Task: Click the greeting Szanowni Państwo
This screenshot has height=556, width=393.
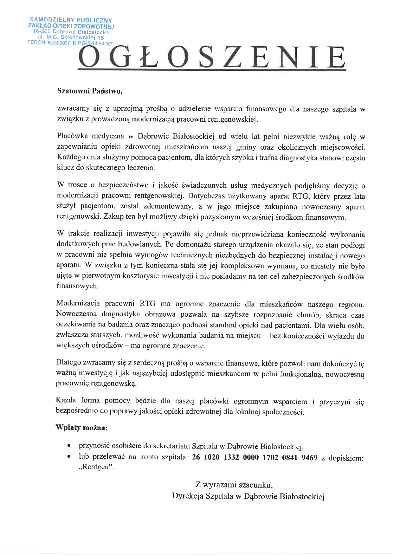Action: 89,91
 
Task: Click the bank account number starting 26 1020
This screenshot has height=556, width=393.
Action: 254,458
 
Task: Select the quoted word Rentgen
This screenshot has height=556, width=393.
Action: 96,467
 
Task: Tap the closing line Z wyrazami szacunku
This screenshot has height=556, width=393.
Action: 234,485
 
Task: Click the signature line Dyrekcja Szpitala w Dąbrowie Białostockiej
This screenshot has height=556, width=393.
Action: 248,496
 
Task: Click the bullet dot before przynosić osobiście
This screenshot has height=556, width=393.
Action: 68,446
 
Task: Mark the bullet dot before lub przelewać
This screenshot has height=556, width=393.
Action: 68,458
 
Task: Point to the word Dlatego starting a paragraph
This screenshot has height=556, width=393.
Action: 68,363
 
